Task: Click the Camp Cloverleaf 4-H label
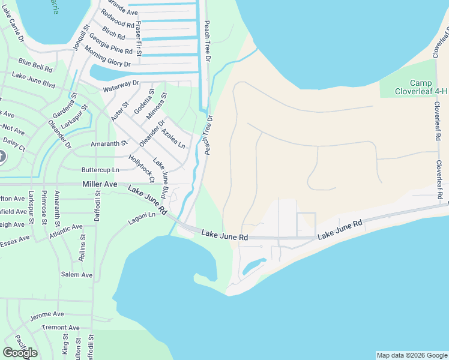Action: click(x=413, y=87)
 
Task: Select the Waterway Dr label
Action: click(x=121, y=86)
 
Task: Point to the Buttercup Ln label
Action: click(x=100, y=170)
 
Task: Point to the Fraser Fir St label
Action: click(x=139, y=39)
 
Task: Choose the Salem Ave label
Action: click(x=77, y=275)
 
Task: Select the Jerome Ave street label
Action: click(x=47, y=314)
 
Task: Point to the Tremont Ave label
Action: click(x=61, y=328)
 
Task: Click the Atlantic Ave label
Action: click(x=66, y=231)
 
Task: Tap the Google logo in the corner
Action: click(x=20, y=353)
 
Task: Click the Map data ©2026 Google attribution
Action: click(x=411, y=355)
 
